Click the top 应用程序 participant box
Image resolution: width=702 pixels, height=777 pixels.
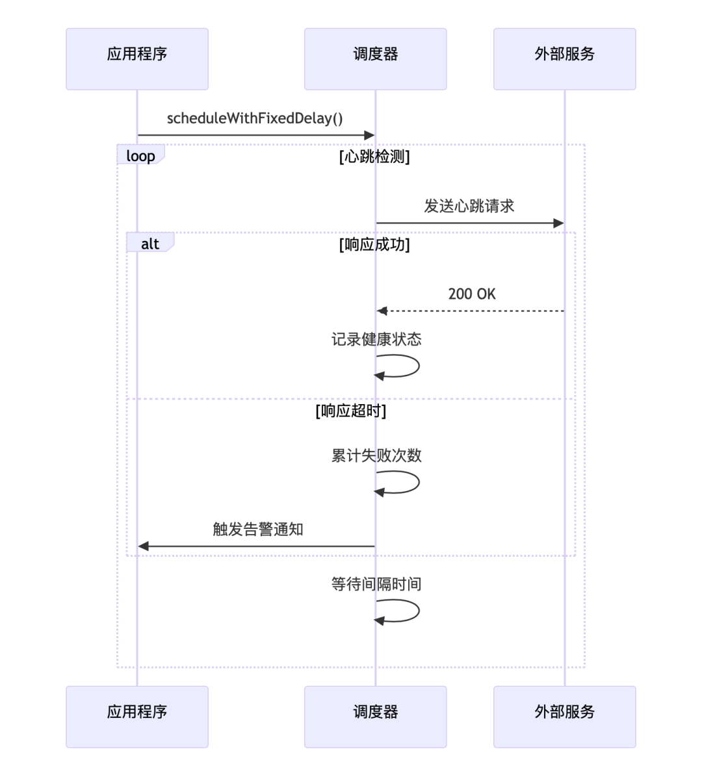click(x=137, y=59)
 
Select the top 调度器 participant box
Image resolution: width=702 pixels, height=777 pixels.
click(x=375, y=59)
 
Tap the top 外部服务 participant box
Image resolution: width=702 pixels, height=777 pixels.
click(x=564, y=59)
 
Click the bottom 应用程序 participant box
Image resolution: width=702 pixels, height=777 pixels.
click(x=137, y=717)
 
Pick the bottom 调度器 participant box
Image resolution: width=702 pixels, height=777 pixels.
click(x=375, y=717)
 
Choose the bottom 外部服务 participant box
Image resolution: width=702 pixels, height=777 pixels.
click(x=564, y=717)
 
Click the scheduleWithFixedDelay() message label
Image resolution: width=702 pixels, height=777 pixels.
click(x=255, y=118)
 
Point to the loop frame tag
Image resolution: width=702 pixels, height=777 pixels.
click(x=140, y=155)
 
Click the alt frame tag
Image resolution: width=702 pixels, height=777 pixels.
click(x=150, y=244)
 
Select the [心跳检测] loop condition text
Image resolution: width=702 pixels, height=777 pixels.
click(x=374, y=157)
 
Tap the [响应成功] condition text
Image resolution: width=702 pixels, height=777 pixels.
click(x=374, y=244)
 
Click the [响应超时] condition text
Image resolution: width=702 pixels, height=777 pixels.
click(x=351, y=411)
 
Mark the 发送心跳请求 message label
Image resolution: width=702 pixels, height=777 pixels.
click(x=469, y=206)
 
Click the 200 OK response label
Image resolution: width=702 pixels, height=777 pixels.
click(x=472, y=294)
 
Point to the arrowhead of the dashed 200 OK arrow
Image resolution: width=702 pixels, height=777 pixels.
click(x=382, y=311)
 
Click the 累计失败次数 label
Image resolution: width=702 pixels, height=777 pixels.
click(x=376, y=455)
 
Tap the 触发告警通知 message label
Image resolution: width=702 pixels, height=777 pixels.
click(x=258, y=529)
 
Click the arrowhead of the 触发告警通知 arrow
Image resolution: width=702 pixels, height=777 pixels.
click(x=144, y=546)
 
